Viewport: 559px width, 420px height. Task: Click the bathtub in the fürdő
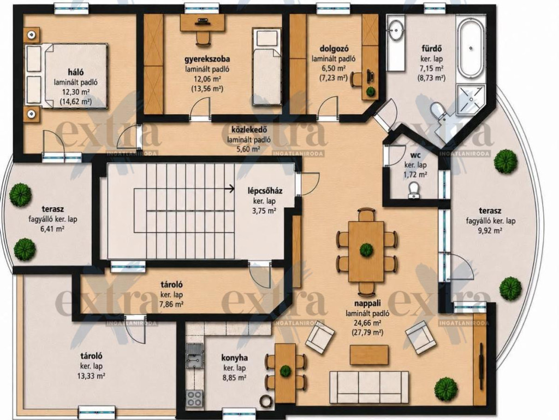tap(471, 48)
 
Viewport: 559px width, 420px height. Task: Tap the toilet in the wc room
tap(414, 189)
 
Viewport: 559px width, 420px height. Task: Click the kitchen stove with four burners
tap(194, 398)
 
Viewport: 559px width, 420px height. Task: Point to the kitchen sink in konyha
tap(194, 355)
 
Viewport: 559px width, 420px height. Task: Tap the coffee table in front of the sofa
tap(370, 354)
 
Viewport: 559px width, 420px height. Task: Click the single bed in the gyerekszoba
tap(266, 67)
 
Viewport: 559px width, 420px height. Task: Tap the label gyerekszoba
tap(207, 59)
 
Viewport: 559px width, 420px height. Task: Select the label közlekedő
tap(249, 130)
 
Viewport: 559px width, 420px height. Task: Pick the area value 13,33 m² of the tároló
tap(92, 376)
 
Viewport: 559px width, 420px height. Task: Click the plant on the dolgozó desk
tap(371, 91)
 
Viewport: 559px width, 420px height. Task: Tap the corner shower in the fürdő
tap(470, 99)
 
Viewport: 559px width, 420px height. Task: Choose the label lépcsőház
tap(265, 191)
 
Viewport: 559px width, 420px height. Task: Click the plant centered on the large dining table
tap(366, 249)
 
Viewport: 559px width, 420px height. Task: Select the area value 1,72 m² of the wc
tap(415, 174)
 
